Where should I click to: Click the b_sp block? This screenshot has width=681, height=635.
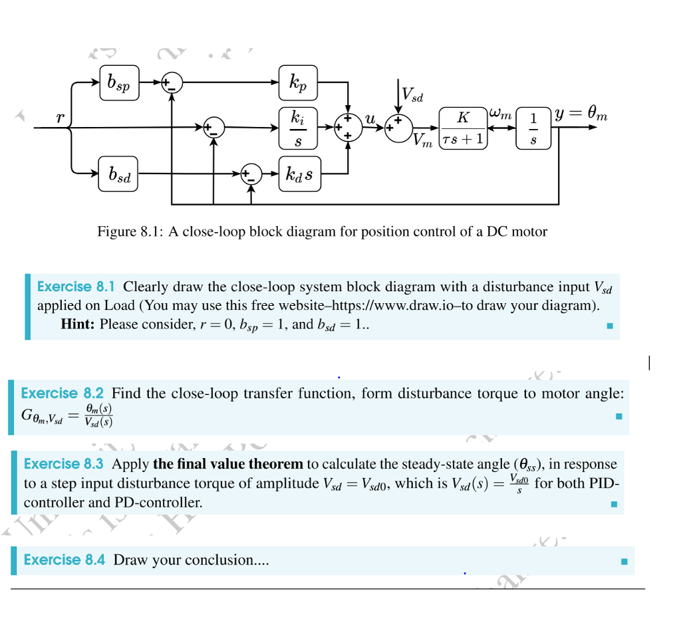click(x=120, y=83)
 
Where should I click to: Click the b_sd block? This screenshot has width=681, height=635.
click(x=118, y=174)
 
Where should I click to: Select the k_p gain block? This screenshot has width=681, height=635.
click(x=299, y=83)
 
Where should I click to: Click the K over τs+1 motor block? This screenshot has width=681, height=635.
click(x=464, y=127)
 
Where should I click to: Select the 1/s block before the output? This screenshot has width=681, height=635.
click(x=533, y=127)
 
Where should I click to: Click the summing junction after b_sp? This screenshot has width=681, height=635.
click(x=173, y=84)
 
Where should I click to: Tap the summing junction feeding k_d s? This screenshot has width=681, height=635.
click(x=251, y=174)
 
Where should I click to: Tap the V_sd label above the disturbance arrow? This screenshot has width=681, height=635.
click(x=413, y=97)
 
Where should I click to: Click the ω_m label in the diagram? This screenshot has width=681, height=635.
click(x=499, y=115)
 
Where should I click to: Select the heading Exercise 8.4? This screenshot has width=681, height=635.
click(x=64, y=560)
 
